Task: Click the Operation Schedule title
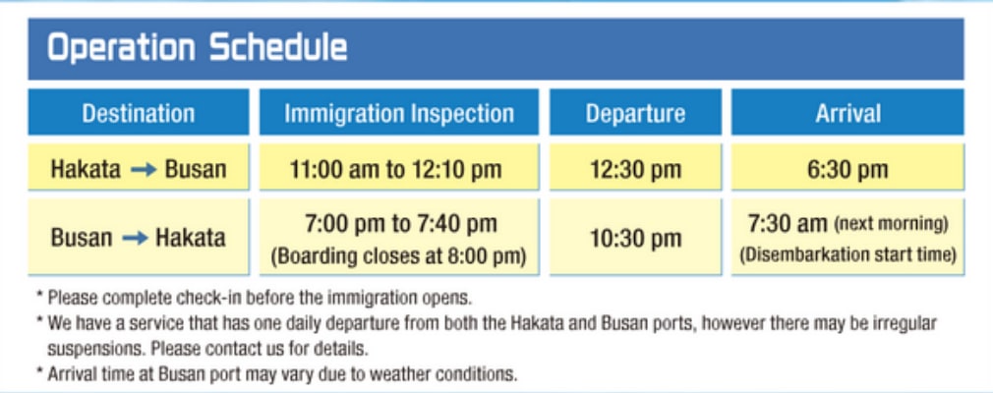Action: click(197, 48)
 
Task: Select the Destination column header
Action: click(138, 113)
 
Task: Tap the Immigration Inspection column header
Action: click(399, 113)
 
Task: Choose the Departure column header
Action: click(635, 113)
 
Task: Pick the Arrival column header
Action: click(847, 113)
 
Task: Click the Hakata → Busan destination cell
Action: click(138, 167)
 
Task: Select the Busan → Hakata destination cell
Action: click(138, 237)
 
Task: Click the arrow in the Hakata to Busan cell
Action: click(144, 170)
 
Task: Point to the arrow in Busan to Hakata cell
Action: click(135, 238)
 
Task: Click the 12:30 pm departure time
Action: click(635, 169)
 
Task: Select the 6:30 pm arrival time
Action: click(847, 169)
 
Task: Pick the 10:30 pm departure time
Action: click(635, 238)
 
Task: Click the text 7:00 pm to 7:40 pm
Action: click(401, 223)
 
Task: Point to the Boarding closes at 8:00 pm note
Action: click(399, 256)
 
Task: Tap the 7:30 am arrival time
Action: click(788, 223)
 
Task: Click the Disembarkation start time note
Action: click(847, 254)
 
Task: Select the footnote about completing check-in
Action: click(255, 297)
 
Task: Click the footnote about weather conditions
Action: click(276, 374)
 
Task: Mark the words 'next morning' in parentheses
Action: click(891, 224)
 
